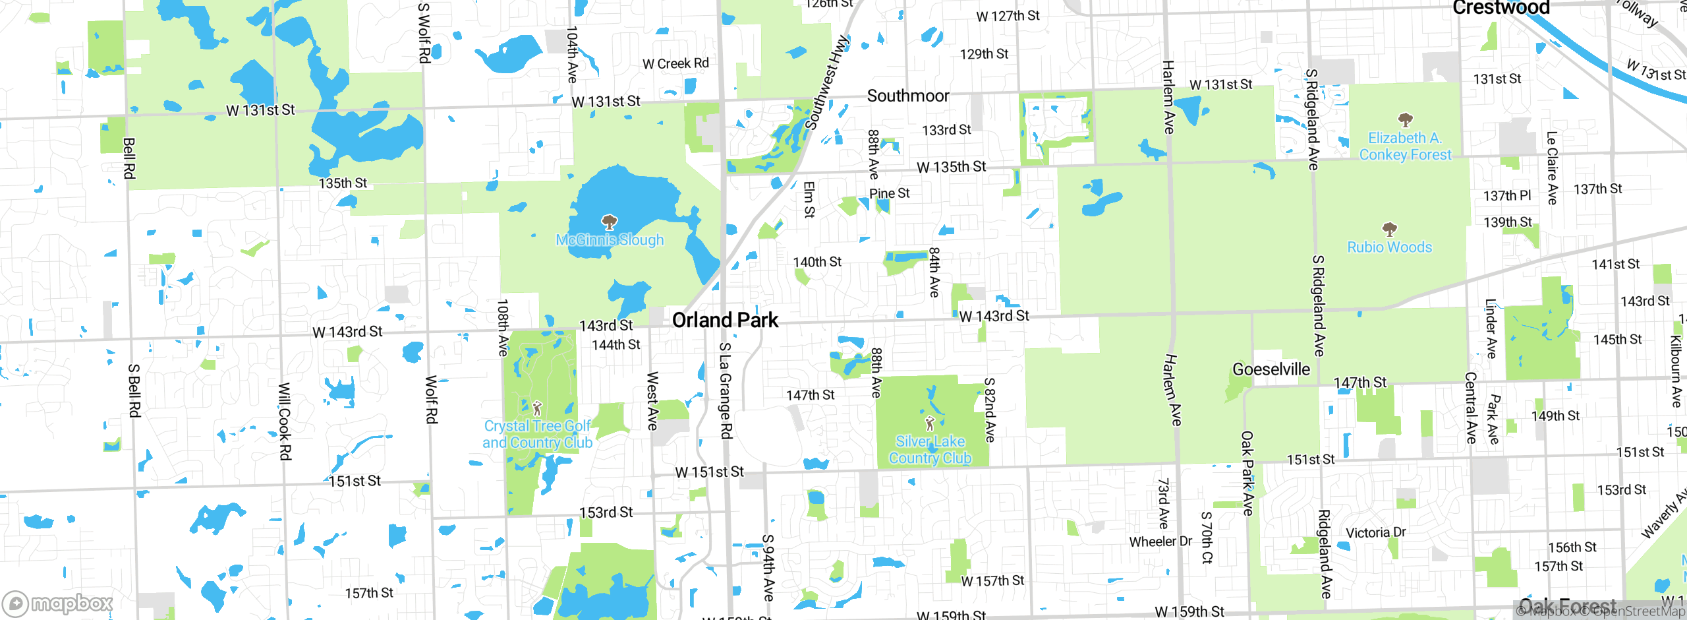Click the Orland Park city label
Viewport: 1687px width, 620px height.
click(x=725, y=320)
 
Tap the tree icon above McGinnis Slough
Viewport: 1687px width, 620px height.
click(x=610, y=222)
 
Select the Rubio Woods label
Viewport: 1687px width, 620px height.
click(x=1389, y=247)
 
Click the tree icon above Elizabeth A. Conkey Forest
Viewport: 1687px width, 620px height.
click(x=1405, y=120)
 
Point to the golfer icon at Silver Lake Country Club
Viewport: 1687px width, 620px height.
click(x=930, y=423)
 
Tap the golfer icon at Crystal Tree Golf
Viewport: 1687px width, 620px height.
click(x=537, y=408)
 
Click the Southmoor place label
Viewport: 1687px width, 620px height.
click(x=907, y=96)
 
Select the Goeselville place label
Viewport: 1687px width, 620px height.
click(x=1271, y=369)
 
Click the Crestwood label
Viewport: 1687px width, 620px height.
click(x=1501, y=8)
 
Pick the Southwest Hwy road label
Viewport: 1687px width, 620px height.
click(x=826, y=83)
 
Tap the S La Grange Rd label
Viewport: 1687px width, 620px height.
click(x=725, y=390)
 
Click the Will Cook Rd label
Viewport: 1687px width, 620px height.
click(x=284, y=421)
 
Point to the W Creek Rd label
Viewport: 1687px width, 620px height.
click(x=675, y=64)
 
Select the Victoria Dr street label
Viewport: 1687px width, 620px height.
click(x=1375, y=532)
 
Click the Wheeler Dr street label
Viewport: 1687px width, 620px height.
click(x=1160, y=542)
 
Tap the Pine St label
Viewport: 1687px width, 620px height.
click(x=889, y=193)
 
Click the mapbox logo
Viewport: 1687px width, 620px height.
click(x=58, y=603)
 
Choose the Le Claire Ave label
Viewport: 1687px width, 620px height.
click(x=1552, y=168)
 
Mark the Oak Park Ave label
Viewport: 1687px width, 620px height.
click(x=1247, y=473)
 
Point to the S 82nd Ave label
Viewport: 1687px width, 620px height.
click(x=989, y=410)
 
